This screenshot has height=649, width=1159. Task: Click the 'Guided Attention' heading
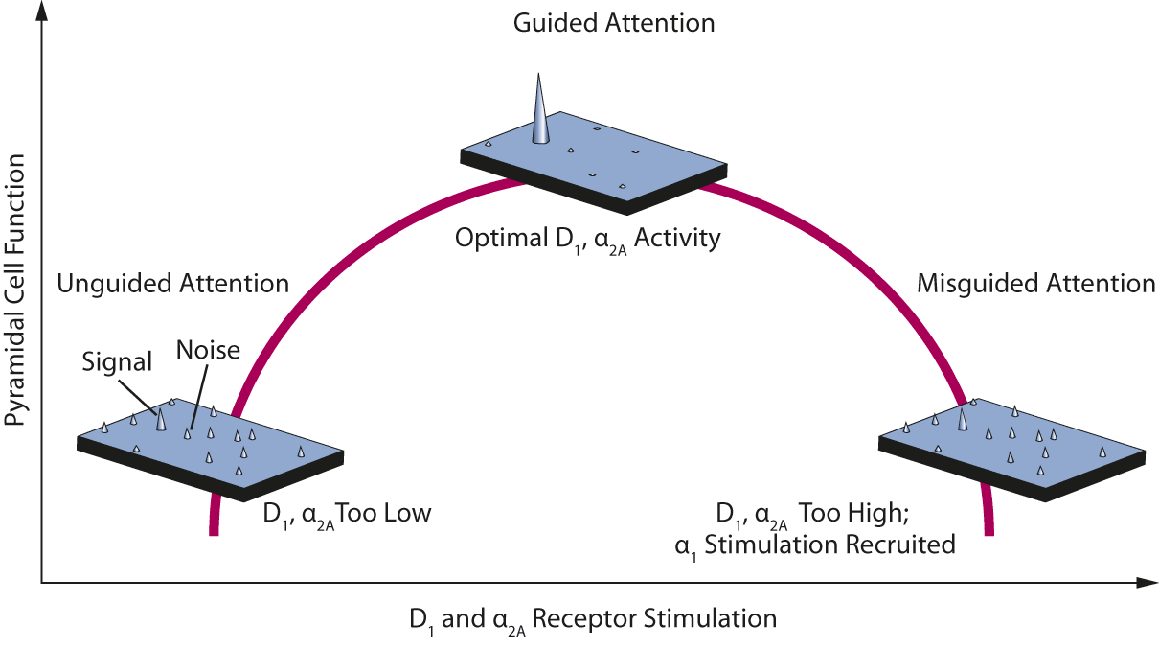click(614, 23)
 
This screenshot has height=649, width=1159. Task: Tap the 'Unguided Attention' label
click(172, 284)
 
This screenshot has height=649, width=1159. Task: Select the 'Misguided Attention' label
click(1035, 284)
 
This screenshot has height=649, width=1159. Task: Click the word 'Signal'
click(117, 361)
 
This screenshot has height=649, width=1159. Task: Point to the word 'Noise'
click(208, 351)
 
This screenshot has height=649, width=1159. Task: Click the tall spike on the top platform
click(541, 111)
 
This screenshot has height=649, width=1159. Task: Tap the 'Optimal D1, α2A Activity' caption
click(587, 239)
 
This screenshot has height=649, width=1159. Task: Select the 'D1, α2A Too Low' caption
click(347, 514)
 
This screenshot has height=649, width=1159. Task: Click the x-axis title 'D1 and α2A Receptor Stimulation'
click(592, 619)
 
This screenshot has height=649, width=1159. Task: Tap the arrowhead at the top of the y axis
click(42, 12)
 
